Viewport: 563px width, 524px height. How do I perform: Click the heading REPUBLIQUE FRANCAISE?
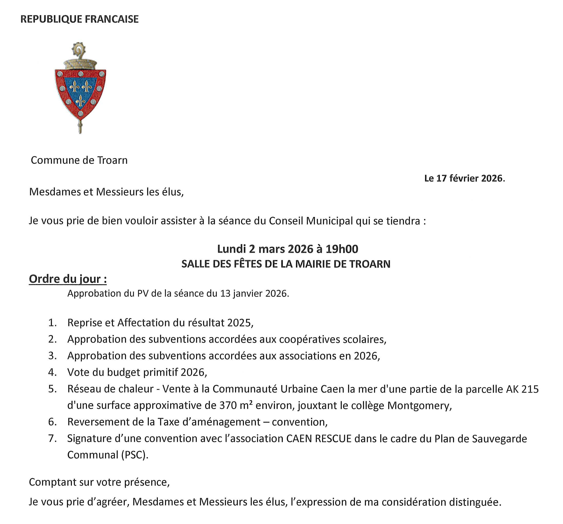[80, 19]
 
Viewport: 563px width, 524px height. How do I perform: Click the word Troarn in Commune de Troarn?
[112, 160]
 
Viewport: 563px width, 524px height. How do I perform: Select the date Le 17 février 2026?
[464, 178]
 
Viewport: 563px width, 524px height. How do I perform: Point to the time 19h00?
[342, 249]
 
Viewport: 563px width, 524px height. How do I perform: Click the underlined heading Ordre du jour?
[68, 279]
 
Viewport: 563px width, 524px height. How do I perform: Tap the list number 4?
[52, 372]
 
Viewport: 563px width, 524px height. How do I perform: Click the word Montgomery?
[419, 405]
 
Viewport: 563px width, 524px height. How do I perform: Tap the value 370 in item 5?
[228, 405]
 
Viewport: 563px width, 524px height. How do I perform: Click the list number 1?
[52, 322]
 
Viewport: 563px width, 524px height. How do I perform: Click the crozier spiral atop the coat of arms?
[78, 50]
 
